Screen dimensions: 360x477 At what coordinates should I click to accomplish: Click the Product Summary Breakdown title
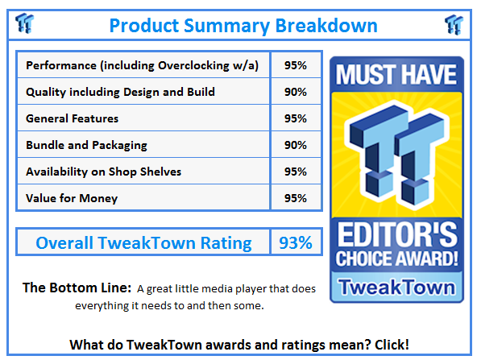pos(243,25)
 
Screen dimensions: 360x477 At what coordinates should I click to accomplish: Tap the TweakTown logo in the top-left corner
pos(24,24)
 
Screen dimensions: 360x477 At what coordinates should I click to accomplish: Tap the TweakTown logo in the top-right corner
pos(454,24)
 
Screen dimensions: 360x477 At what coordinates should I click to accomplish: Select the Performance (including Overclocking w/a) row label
pos(142,65)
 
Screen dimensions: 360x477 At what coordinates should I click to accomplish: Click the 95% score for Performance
pos(295,65)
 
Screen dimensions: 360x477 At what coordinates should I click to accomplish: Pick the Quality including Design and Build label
pos(120,92)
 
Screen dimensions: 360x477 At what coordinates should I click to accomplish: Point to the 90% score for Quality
pos(295,92)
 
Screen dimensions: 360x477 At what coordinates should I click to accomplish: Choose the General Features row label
pos(72,118)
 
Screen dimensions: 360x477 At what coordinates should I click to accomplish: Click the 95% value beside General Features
pos(295,118)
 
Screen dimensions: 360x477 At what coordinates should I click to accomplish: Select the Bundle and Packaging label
pos(87,145)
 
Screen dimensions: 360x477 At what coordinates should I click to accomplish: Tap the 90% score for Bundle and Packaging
pos(295,145)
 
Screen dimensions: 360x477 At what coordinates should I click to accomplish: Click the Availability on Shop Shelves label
pos(105,172)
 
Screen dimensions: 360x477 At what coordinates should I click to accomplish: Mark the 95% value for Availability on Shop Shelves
pos(295,172)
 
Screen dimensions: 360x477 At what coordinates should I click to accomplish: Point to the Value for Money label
pos(72,198)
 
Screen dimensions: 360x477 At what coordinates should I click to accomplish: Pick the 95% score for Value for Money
pos(295,198)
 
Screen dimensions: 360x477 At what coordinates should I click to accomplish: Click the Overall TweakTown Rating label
pos(143,242)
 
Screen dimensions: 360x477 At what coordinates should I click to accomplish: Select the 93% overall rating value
pos(295,242)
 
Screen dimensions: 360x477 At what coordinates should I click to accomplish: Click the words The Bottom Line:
pos(77,288)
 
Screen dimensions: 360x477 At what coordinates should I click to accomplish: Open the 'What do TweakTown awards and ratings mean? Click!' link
pos(238,344)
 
